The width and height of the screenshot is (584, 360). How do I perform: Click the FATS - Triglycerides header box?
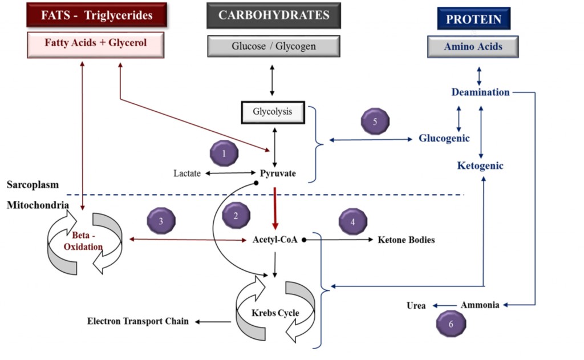pyautogui.click(x=96, y=15)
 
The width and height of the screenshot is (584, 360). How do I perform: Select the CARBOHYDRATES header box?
pyautogui.click(x=274, y=15)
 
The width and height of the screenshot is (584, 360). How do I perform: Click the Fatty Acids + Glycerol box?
pyautogui.click(x=96, y=44)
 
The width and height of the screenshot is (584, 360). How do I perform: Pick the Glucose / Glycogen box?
pyautogui.click(x=274, y=46)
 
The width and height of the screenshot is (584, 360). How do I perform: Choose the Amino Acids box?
pyautogui.click(x=473, y=47)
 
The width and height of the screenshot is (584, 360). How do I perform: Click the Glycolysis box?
pyautogui.click(x=273, y=112)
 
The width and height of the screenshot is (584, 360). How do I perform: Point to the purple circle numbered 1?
pyautogui.click(x=224, y=153)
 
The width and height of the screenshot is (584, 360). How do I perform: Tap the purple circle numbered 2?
pyautogui.click(x=235, y=216)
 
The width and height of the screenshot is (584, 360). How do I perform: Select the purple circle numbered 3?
pyautogui.click(x=161, y=221)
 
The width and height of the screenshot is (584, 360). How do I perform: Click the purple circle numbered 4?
pyautogui.click(x=352, y=222)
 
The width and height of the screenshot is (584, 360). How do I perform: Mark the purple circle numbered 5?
pyautogui.click(x=375, y=122)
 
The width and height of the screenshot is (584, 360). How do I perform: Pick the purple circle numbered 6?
pyautogui.click(x=451, y=323)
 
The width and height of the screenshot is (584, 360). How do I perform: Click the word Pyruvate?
pyautogui.click(x=278, y=173)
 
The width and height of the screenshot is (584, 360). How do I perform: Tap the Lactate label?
pyautogui.click(x=187, y=173)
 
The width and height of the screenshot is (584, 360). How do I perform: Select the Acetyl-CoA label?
pyautogui.click(x=275, y=240)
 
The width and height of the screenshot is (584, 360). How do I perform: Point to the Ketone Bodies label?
pyautogui.click(x=406, y=240)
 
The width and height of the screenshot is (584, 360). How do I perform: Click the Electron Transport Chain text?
pyautogui.click(x=137, y=322)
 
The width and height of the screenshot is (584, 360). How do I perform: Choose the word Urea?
pyautogui.click(x=416, y=305)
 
